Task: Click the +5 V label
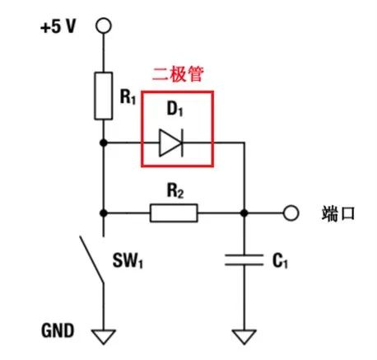coord(58,26)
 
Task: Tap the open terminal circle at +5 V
coord(104,26)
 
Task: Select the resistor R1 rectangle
coord(104,96)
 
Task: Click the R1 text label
coord(128,96)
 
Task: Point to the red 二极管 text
coord(178,74)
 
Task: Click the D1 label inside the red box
coord(175,109)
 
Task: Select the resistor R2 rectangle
coord(174,213)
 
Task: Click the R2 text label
coord(175,190)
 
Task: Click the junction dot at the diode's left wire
coord(104,143)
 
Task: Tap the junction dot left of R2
coord(104,213)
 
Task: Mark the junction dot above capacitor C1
coord(244,213)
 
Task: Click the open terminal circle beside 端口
coord(291,213)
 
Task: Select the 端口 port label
coord(338,213)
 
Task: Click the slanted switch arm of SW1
coord(92,259)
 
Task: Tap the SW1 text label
coord(128,260)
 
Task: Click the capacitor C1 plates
coord(244,260)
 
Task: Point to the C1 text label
coord(280,260)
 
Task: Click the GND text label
coord(58,330)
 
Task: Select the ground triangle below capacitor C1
coord(244,337)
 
